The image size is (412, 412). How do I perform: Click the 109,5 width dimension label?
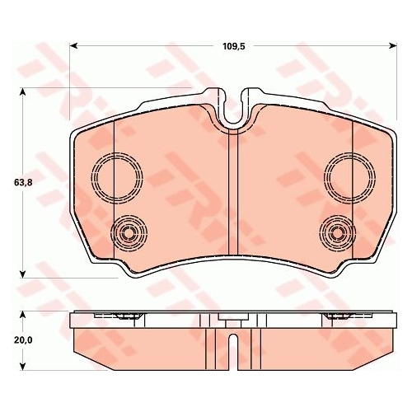click(x=233, y=46)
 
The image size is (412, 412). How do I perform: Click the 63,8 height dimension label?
click(x=23, y=182)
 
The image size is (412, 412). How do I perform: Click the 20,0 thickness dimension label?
click(x=23, y=340)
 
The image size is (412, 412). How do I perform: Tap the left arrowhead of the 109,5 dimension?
click(x=73, y=46)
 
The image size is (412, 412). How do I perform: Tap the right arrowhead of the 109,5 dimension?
click(x=394, y=46)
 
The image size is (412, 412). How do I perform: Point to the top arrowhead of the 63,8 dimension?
click(x=23, y=91)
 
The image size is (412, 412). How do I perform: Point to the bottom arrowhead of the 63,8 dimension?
click(x=23, y=274)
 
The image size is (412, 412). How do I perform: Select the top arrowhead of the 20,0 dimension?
click(x=23, y=315)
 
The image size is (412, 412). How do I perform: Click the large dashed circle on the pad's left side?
click(x=91, y=178)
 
